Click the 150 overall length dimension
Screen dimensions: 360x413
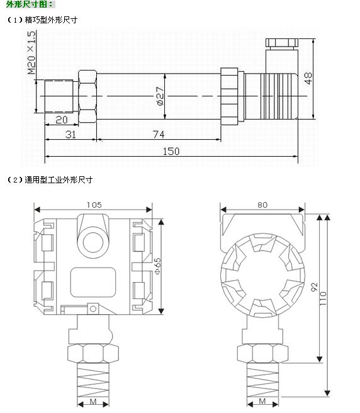tap(171, 151)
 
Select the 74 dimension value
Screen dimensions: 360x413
tap(159, 135)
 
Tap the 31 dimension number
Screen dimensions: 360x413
tap(70, 135)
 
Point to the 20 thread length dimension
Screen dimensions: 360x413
tap(62, 120)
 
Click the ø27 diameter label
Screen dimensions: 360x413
tap(160, 96)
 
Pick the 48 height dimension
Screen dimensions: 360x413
tap(308, 78)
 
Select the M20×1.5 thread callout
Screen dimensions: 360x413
tap(31, 52)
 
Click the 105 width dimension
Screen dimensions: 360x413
tap(94, 205)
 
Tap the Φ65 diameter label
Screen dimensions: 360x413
tap(157, 266)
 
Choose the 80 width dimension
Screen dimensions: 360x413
tap(262, 205)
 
